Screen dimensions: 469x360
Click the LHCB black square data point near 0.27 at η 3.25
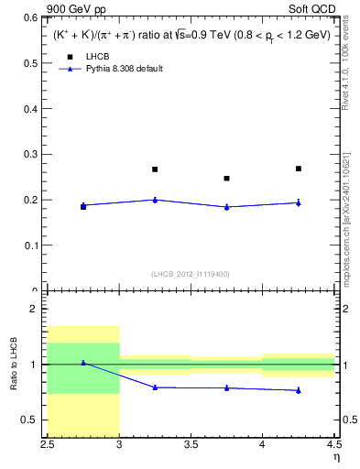tap(155, 169)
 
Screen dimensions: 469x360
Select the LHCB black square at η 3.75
tap(227, 179)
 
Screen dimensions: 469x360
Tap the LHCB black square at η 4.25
tap(299, 169)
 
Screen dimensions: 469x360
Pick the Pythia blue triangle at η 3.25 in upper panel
tap(155, 199)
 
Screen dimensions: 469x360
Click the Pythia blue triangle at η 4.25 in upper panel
tap(299, 202)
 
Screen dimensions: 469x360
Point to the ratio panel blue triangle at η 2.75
tap(83, 363)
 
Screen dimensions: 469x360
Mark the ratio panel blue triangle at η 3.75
tap(227, 387)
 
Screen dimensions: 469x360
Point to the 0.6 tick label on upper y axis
tap(30, 17)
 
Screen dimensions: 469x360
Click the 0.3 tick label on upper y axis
tap(30, 154)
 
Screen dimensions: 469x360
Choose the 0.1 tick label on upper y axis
tap(30, 245)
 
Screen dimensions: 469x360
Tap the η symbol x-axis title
tap(335, 455)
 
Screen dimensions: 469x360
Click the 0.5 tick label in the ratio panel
tap(30, 420)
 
